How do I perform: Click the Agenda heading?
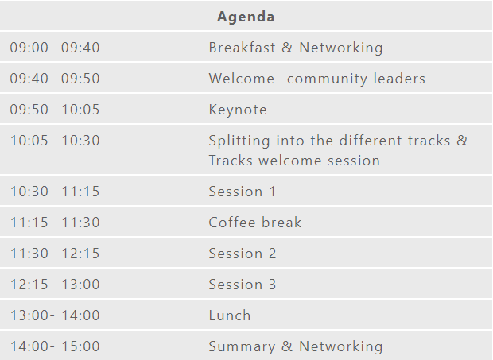click(x=246, y=17)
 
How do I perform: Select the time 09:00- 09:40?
click(x=55, y=48)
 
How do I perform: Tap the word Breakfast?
click(x=242, y=48)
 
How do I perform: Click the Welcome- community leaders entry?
click(x=317, y=79)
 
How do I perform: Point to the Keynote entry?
click(x=238, y=110)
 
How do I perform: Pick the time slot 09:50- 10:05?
click(x=55, y=110)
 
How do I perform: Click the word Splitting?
click(x=239, y=141)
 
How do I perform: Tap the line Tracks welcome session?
click(x=294, y=161)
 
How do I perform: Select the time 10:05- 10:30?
click(x=55, y=141)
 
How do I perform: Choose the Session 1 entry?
click(x=242, y=192)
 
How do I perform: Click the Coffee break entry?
click(x=255, y=223)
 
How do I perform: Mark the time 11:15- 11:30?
click(x=55, y=223)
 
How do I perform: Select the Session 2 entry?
click(x=242, y=254)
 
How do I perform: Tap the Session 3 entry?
click(x=242, y=285)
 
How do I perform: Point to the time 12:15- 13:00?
click(x=55, y=285)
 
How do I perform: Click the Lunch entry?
click(x=230, y=315)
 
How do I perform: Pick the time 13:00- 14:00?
click(x=55, y=315)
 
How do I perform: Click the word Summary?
click(x=242, y=346)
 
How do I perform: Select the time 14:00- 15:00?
click(x=55, y=346)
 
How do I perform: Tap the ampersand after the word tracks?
click(x=462, y=141)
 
